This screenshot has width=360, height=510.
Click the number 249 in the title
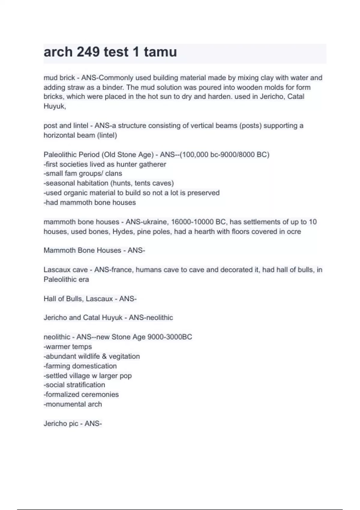[88, 52]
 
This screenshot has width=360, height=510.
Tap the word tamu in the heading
[160, 52]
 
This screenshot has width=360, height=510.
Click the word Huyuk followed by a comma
[55, 106]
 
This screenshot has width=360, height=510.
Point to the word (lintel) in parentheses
[107, 135]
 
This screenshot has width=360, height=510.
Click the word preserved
[203, 193]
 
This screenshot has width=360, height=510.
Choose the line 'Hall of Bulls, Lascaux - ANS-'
[90, 299]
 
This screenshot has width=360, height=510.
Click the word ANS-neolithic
[151, 317]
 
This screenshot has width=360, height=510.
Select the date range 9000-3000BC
[170, 337]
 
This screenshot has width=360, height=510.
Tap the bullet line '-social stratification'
[74, 385]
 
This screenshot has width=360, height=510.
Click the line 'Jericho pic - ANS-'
[73, 424]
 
